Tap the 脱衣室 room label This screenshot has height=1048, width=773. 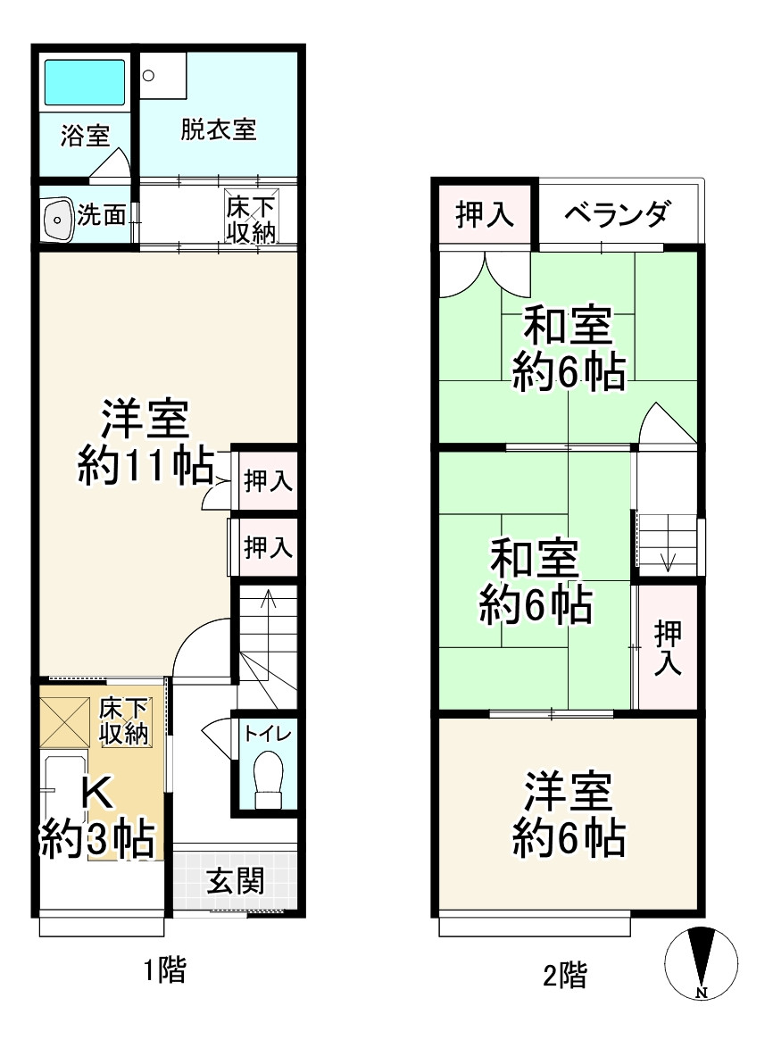coord(219,130)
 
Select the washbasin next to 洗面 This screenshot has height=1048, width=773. coord(58,218)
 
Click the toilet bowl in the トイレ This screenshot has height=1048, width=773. coord(267,774)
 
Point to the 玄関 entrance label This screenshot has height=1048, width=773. coord(236,883)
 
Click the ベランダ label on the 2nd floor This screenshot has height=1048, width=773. coord(617,214)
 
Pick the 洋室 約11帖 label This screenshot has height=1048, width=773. coord(145,443)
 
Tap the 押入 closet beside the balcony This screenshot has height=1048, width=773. coord(484,214)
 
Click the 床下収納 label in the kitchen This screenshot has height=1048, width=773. coord(123,720)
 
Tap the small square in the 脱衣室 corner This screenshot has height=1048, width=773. coord(148,76)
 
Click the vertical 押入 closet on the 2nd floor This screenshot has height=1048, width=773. coord(667,646)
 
